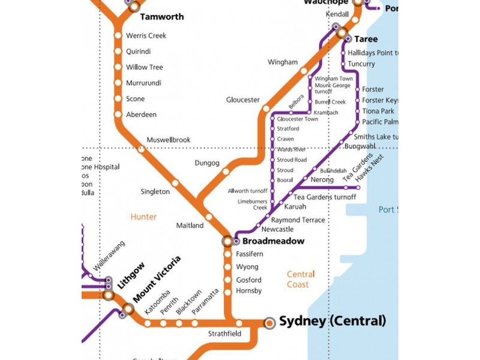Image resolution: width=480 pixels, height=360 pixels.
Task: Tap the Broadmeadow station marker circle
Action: coord(227,241)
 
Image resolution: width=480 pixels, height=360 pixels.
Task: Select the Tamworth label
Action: coord(162,17)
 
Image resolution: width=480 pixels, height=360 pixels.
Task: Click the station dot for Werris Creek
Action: coord(118,36)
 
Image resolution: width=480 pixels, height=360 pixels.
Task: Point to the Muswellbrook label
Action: coord(169,140)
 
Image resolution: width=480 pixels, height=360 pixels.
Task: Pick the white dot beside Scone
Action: coord(118,99)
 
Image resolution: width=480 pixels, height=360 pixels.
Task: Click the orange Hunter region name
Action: coord(143,217)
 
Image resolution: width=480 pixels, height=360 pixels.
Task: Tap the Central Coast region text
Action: coord(301,279)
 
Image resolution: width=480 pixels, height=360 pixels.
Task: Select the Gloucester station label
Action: coord(243,100)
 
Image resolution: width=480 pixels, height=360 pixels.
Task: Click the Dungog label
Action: coord(207,163)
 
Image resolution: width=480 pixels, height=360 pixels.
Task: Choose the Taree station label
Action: coord(366,39)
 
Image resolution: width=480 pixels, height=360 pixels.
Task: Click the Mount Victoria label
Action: coord(157,279)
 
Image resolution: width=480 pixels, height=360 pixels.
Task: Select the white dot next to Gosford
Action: coord(227,280)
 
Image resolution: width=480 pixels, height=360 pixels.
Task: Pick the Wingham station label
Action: coord(283,62)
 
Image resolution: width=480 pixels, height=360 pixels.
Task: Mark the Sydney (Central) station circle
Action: coord(269,323)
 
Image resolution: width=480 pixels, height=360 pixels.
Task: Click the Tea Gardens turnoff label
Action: coord(325,197)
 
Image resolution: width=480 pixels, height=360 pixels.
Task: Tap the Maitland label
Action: coord(190,226)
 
